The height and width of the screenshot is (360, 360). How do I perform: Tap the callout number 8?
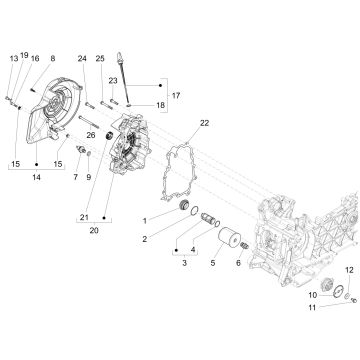[53, 60]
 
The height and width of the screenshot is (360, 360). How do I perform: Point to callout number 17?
[178, 95]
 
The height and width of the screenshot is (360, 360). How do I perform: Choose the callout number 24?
[83, 59]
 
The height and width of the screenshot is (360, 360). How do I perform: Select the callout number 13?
[13, 60]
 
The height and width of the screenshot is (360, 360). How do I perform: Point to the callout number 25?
[101, 59]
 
